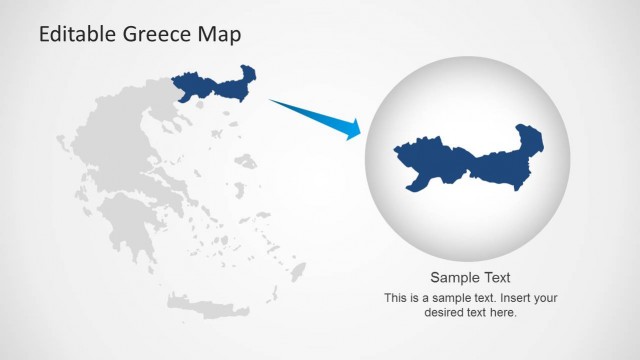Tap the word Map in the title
tap(220, 35)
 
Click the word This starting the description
tap(396, 298)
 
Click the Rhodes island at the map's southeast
tap(297, 270)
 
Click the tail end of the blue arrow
tap(272, 101)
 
